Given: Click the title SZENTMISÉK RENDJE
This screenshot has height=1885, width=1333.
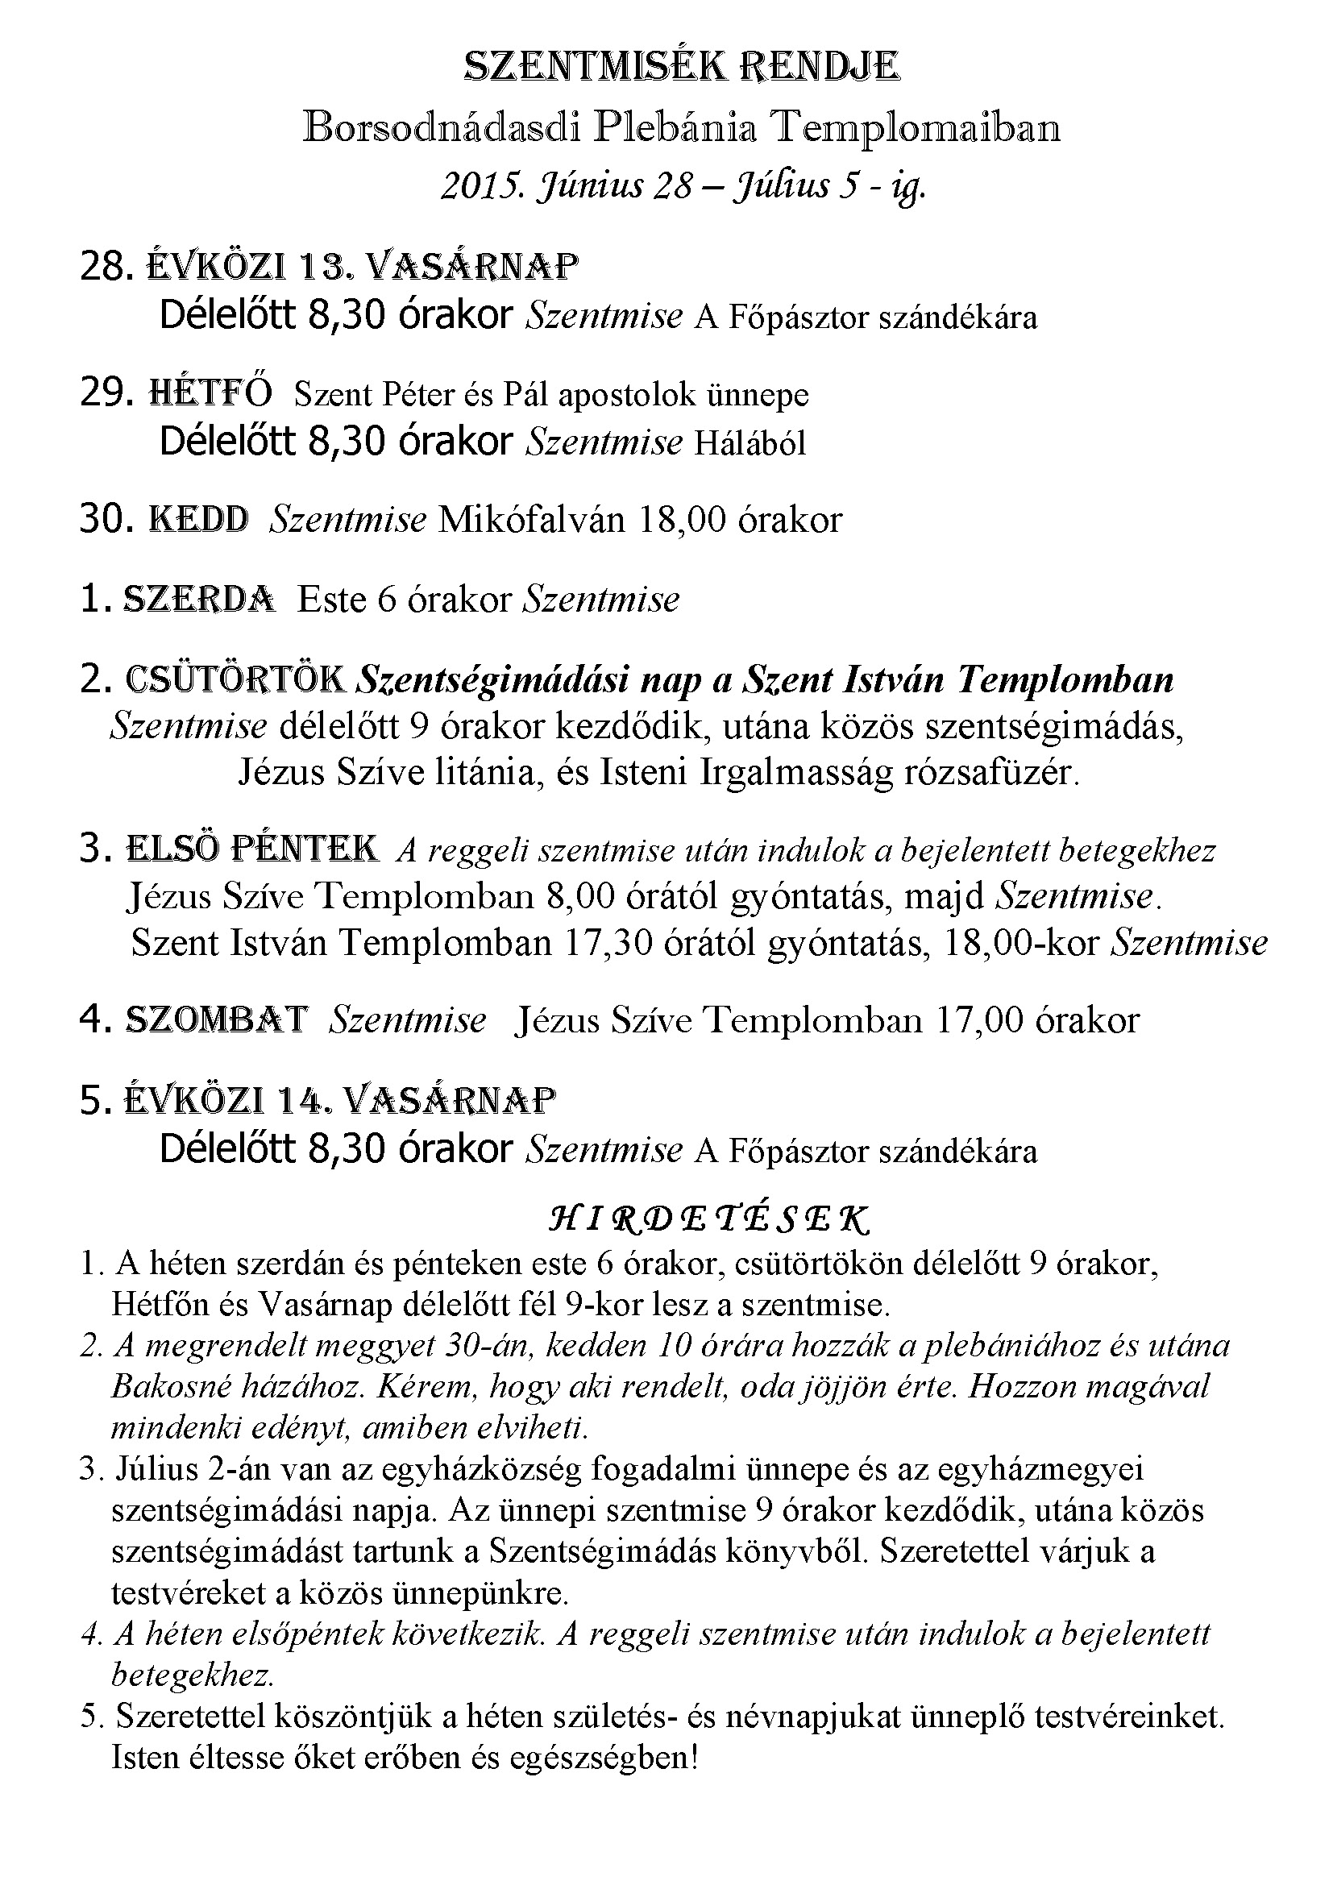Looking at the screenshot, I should [681, 68].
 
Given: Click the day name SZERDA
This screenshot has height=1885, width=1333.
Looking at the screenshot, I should [198, 600].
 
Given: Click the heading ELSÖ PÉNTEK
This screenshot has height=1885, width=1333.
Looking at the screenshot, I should [251, 849].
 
